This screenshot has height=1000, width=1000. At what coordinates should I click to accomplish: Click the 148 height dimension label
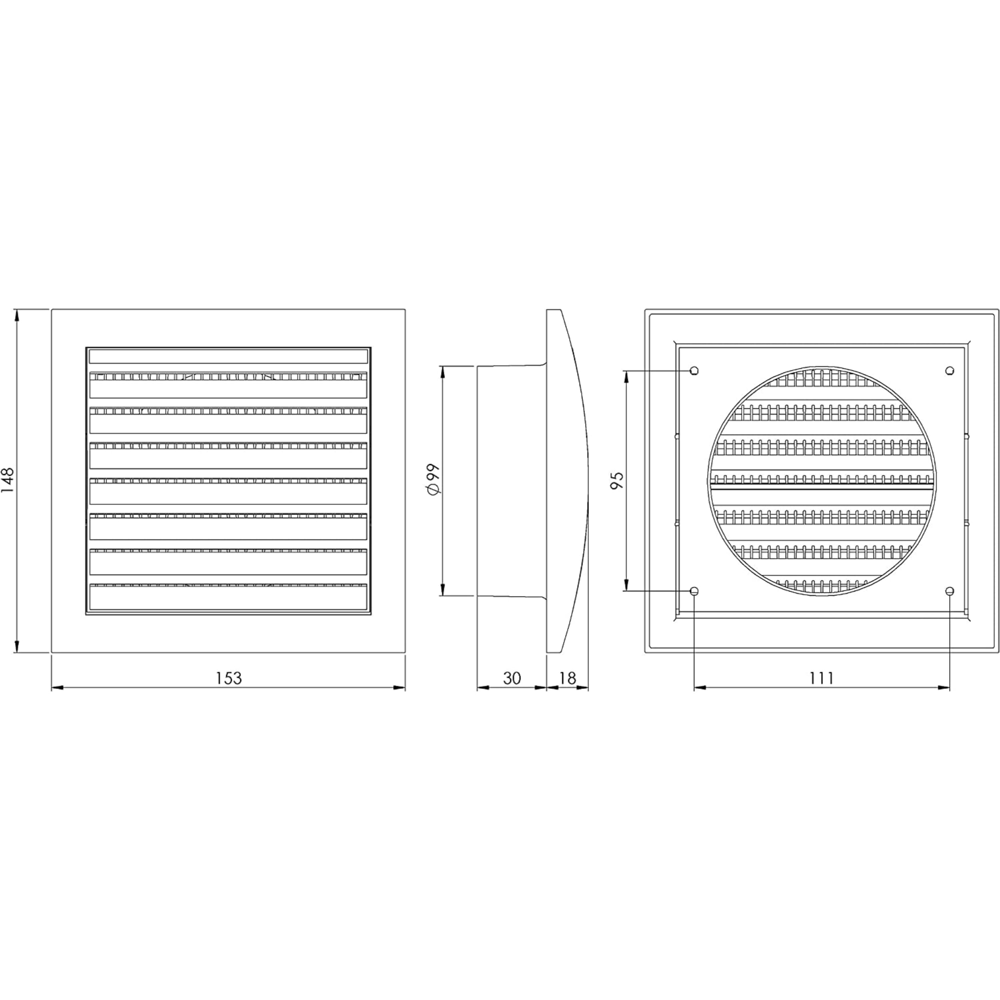tap(9, 481)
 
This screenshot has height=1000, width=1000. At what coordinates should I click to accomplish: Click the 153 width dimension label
tap(229, 678)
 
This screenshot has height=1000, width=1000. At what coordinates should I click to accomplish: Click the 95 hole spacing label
tap(617, 481)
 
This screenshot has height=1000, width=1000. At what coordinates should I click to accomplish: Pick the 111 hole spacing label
tap(822, 678)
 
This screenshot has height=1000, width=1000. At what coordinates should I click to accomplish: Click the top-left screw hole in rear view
tap(695, 371)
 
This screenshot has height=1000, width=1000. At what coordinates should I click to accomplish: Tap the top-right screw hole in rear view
tap(949, 371)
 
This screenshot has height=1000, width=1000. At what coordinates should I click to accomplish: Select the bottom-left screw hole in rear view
tap(695, 591)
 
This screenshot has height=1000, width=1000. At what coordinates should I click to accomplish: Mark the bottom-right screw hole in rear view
tap(949, 591)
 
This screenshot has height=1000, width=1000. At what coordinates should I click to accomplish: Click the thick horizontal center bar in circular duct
tap(822, 486)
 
